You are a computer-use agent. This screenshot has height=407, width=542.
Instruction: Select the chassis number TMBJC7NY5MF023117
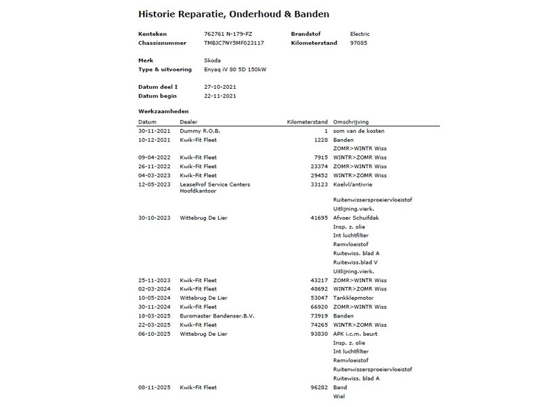tap(234, 43)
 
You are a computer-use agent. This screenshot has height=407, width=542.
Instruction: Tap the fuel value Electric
tap(360, 34)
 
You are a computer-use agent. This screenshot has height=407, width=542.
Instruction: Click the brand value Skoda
tap(212, 60)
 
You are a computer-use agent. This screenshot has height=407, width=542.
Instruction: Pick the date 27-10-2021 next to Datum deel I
tap(220, 87)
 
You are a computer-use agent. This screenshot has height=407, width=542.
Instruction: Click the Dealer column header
tap(189, 121)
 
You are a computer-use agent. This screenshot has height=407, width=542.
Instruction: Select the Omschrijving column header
tap(351, 121)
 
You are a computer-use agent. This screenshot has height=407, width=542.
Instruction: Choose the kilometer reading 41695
tap(319, 218)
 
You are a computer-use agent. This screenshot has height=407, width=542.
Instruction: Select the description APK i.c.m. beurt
tap(355, 334)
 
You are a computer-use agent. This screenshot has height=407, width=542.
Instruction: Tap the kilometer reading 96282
tap(319, 387)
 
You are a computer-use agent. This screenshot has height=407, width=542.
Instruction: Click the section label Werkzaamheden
tap(163, 111)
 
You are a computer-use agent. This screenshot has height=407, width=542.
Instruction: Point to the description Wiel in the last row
tap(339, 396)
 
